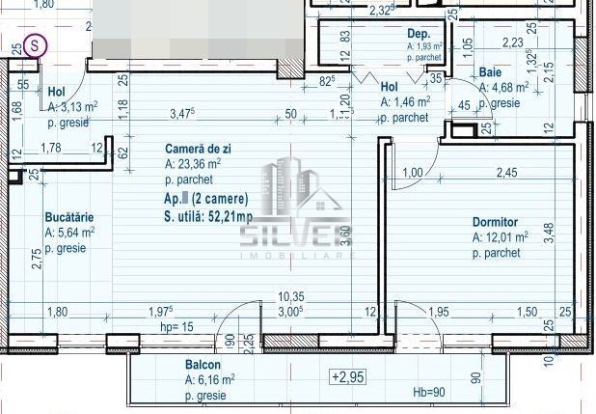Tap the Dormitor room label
496,221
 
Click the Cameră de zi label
198,150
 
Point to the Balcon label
203,367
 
